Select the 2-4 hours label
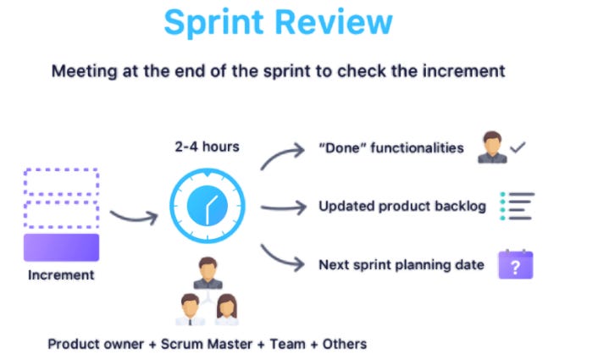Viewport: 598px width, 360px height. coord(207,147)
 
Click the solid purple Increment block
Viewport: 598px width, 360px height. coord(61,246)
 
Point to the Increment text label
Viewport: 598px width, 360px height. coord(61,274)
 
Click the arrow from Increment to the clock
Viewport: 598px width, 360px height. coord(133,217)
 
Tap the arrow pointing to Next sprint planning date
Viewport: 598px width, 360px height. coord(282,258)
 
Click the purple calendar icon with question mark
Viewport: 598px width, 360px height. coord(515,264)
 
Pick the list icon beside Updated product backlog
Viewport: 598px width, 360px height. coord(516,206)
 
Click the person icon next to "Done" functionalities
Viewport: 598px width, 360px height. coord(491,147)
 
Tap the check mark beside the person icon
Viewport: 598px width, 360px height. coord(518,147)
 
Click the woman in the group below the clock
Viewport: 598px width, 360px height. coord(226,308)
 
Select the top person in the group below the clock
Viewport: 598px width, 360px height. coord(207,273)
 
